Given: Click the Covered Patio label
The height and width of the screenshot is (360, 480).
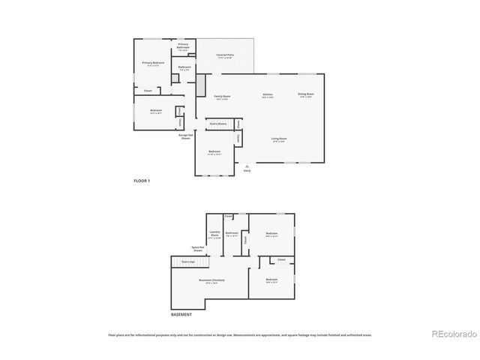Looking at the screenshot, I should (x=224, y=56).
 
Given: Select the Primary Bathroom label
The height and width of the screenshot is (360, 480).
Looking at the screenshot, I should (x=184, y=46).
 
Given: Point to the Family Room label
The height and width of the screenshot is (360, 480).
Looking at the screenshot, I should (x=222, y=97).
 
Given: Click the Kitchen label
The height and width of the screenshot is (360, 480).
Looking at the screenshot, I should (x=268, y=95).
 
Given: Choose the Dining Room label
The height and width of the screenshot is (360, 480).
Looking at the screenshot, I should (x=306, y=95).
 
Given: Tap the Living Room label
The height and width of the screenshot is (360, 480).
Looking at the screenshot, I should (x=280, y=139).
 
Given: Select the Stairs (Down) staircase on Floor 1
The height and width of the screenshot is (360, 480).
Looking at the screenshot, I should (x=218, y=124).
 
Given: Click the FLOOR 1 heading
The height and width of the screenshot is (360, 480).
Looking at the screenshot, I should (x=142, y=181).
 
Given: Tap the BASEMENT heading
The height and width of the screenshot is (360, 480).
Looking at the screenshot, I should (x=181, y=314).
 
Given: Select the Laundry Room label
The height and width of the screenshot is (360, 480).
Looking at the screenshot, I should (x=214, y=234).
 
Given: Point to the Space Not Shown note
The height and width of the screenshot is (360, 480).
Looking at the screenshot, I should (x=198, y=249).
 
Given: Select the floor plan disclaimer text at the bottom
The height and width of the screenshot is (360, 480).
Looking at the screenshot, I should (x=239, y=335).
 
